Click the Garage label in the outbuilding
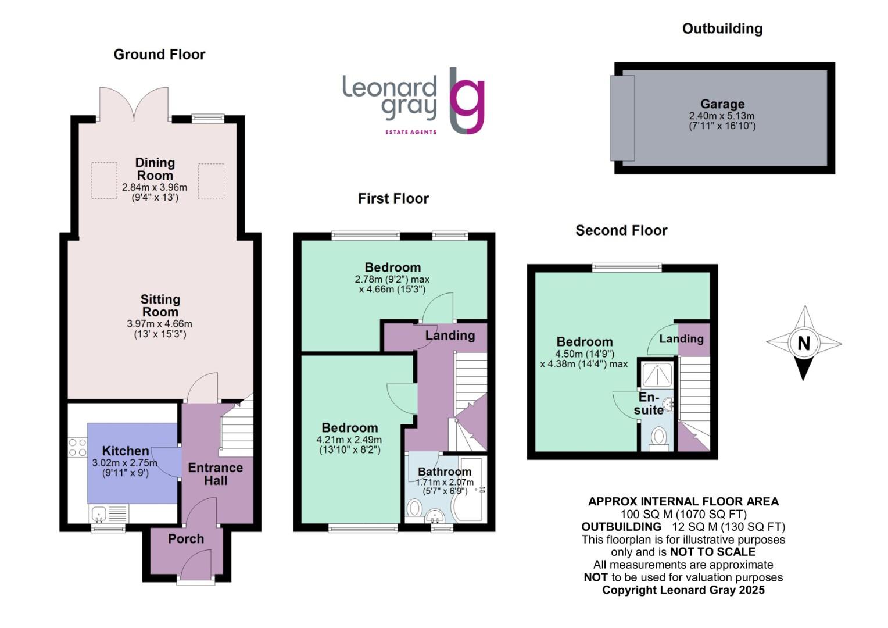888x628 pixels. click(722, 104)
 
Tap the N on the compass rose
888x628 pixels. click(804, 343)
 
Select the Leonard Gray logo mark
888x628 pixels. click(467, 101)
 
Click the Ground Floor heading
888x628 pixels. click(159, 55)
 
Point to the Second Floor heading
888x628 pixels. click(621, 231)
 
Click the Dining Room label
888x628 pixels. click(155, 169)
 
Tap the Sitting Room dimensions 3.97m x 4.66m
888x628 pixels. click(160, 324)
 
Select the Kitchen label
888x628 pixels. click(126, 451)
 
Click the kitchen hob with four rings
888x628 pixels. click(77, 448)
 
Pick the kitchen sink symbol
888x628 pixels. click(99, 513)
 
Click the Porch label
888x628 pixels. click(186, 539)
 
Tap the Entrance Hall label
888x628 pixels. click(215, 474)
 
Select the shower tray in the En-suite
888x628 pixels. click(657, 375)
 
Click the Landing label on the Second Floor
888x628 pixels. click(681, 338)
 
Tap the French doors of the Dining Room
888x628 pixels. click(134, 105)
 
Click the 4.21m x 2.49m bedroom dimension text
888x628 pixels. click(349, 440)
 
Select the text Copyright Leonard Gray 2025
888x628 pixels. click(683, 590)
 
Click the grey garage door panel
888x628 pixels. click(622, 118)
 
